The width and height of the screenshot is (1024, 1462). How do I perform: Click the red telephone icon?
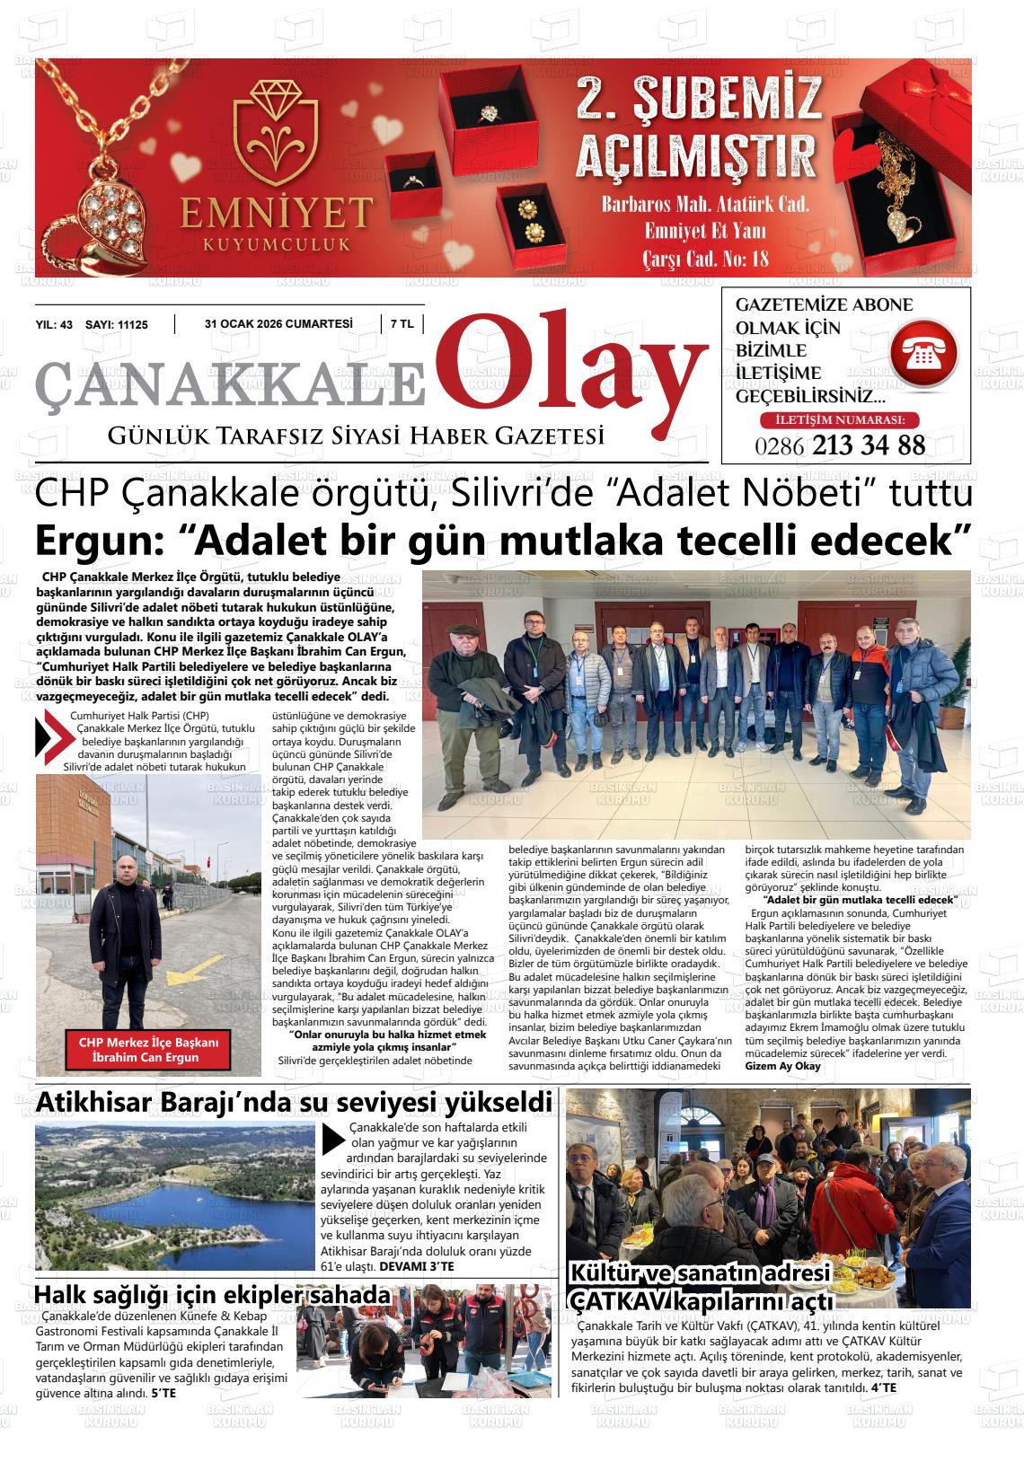tap(924, 357)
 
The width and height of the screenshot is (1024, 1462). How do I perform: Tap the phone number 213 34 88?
tap(868, 445)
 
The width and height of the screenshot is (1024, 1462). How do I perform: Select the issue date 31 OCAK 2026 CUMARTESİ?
tap(278, 325)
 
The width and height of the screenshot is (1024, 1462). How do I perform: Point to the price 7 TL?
tap(402, 325)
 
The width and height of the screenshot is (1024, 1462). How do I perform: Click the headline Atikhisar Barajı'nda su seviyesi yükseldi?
tap(294, 1101)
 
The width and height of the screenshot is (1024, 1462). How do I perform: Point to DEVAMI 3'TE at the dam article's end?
tap(417, 1266)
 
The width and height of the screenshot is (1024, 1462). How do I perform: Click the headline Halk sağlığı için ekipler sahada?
tap(212, 1295)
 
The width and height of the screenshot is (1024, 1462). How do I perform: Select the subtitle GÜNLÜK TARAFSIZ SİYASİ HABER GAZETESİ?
tap(356, 436)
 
